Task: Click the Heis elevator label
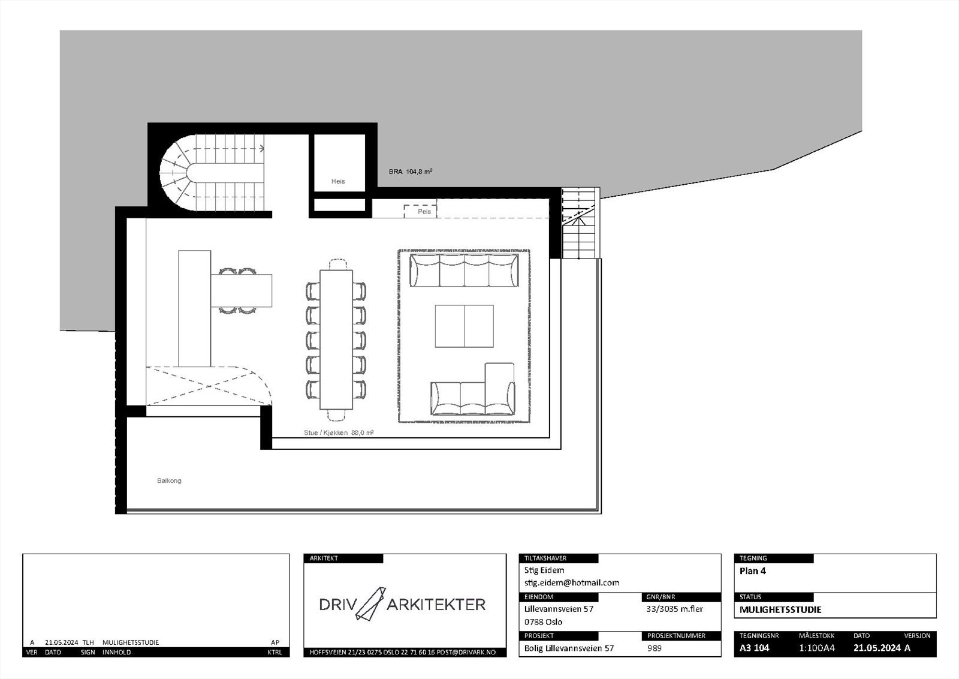pyautogui.click(x=338, y=181)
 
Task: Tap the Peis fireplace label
pyautogui.click(x=424, y=212)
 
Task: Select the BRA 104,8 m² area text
pyautogui.click(x=411, y=172)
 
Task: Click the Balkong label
pyautogui.click(x=169, y=480)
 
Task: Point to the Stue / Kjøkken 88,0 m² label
pyautogui.click(x=339, y=432)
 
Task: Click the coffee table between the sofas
pyautogui.click(x=464, y=326)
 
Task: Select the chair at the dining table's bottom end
pyautogui.click(x=337, y=414)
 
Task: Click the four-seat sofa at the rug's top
pyautogui.click(x=464, y=270)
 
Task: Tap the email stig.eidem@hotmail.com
pyautogui.click(x=571, y=582)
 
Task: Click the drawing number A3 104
pyautogui.click(x=754, y=648)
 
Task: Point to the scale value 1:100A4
pyautogui.click(x=816, y=648)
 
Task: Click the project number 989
pyautogui.click(x=655, y=648)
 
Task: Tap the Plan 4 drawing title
pyautogui.click(x=752, y=571)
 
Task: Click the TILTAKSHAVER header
pyautogui.click(x=545, y=558)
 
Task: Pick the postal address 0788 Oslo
pyautogui.click(x=543, y=621)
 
